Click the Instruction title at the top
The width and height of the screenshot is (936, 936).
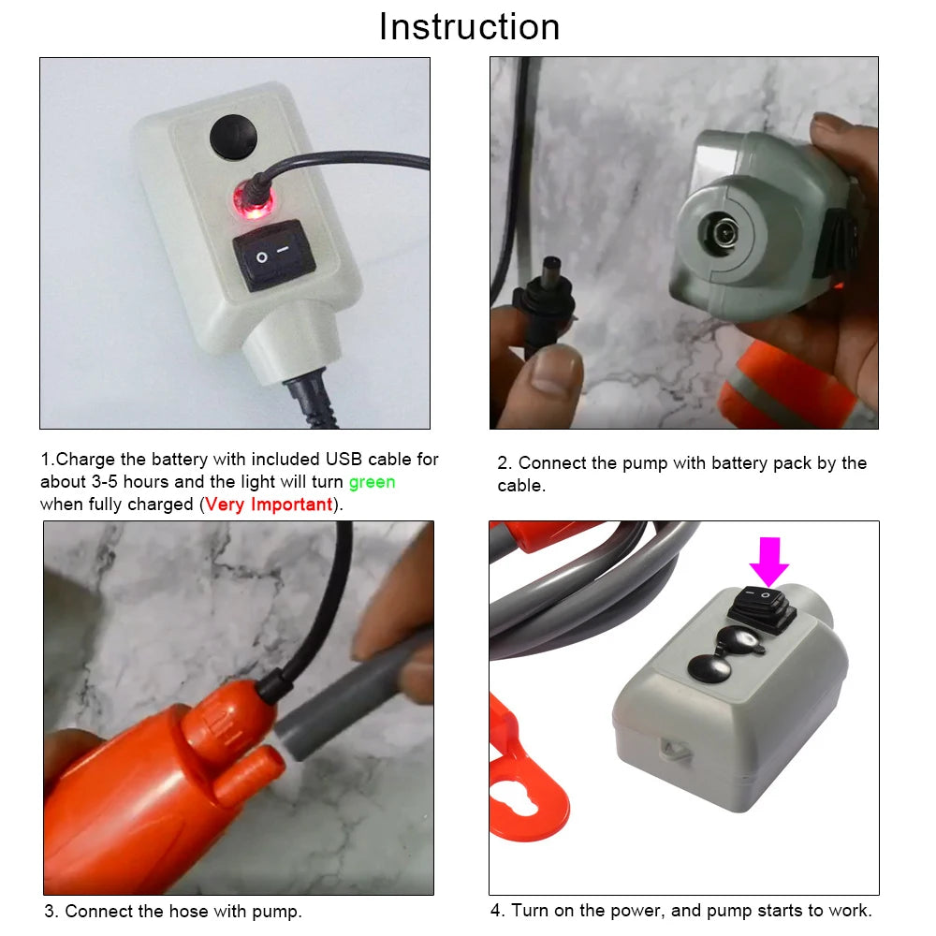click(469, 26)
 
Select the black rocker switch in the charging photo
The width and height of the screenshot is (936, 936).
click(273, 255)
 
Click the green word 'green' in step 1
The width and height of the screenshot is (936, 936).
click(372, 482)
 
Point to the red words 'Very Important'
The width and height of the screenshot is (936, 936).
click(269, 505)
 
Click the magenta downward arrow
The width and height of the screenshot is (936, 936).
click(768, 561)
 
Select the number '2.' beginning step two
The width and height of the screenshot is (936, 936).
click(505, 463)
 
